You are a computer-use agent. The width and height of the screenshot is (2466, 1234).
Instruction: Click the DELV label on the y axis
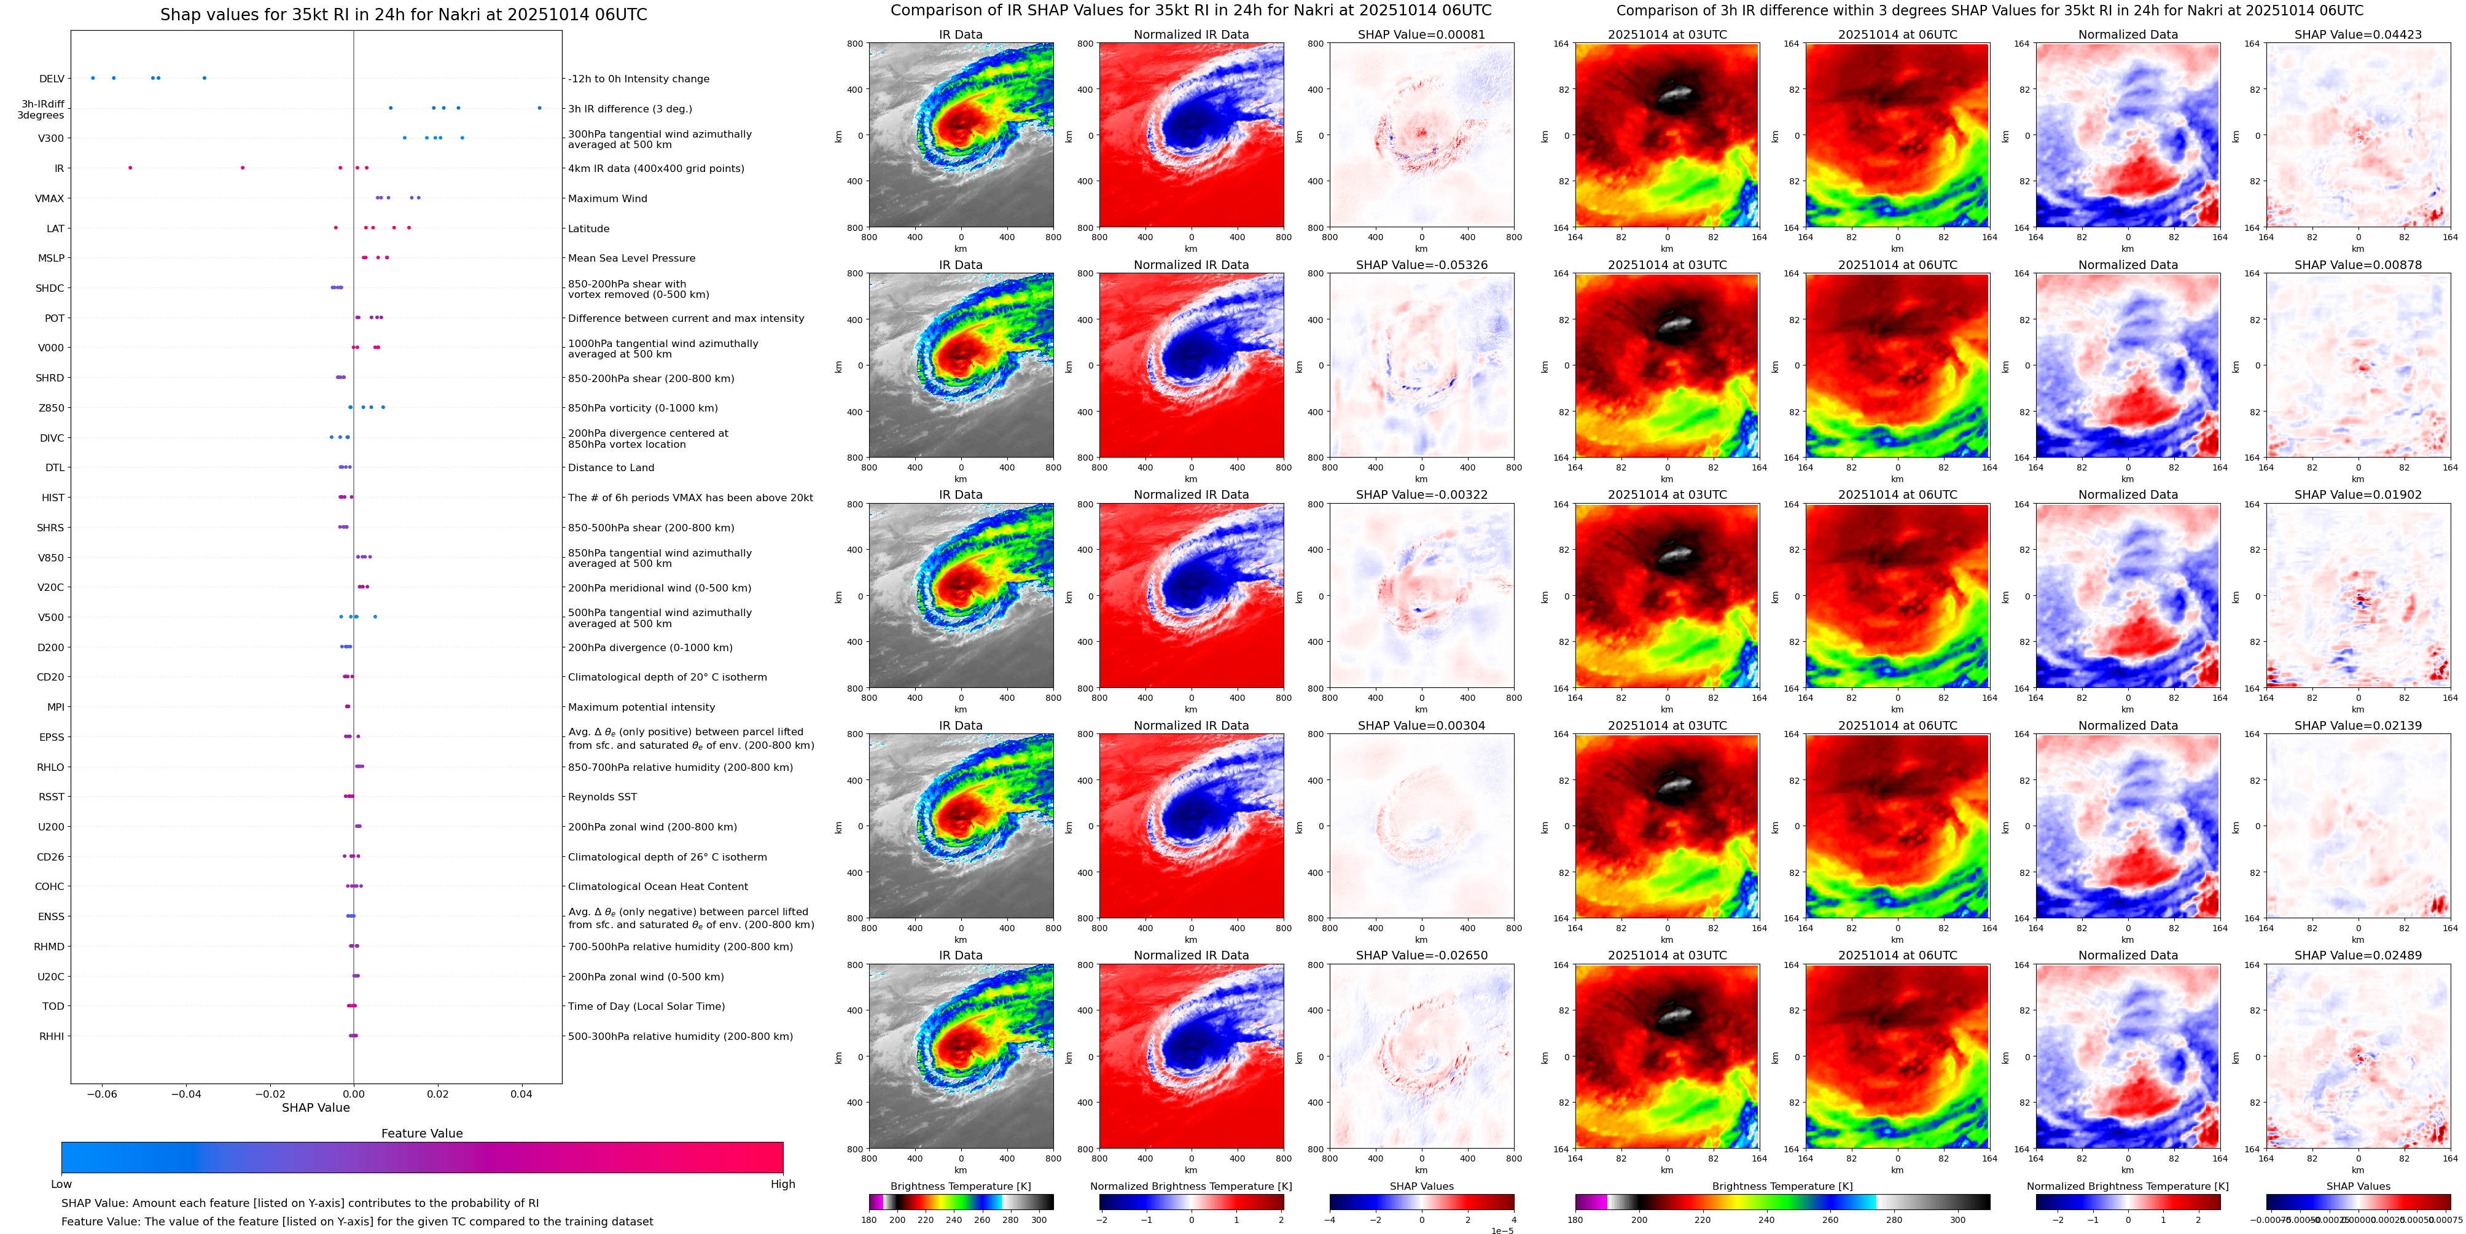tap(52, 79)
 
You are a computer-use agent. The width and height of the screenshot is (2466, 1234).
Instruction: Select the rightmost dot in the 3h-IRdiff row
tap(539, 108)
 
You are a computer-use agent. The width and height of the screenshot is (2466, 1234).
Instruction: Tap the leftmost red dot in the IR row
tap(130, 168)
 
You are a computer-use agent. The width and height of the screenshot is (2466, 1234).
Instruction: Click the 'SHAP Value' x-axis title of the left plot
tap(315, 1107)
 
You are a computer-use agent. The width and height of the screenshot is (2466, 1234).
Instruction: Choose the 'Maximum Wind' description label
tap(607, 199)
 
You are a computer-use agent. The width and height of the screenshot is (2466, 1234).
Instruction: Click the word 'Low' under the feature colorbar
tap(61, 1184)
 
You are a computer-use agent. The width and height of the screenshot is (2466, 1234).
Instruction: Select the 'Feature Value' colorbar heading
tap(421, 1133)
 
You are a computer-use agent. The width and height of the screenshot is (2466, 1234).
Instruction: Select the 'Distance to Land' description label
tap(611, 468)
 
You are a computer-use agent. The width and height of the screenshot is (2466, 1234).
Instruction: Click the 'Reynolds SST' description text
tap(602, 797)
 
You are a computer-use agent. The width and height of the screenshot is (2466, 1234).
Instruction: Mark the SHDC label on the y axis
tap(50, 288)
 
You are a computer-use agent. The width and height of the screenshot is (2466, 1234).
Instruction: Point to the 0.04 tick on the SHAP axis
tap(521, 1093)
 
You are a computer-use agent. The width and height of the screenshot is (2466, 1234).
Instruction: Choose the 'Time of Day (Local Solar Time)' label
tap(646, 1006)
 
